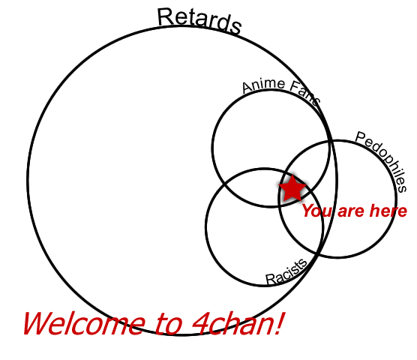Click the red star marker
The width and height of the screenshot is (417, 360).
[x=292, y=188]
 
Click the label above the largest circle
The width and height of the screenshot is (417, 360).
[x=199, y=21]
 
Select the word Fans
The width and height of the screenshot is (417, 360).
[x=304, y=93]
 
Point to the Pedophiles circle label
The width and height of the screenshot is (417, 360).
[x=382, y=160]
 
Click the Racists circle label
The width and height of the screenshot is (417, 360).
[x=286, y=272]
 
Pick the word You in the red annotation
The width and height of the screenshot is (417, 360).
[x=317, y=211]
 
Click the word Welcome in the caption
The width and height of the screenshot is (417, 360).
[x=84, y=324]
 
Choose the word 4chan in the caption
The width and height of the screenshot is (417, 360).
[x=232, y=324]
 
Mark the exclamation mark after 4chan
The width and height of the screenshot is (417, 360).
[x=280, y=323]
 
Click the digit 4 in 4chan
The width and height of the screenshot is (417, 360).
[x=200, y=324]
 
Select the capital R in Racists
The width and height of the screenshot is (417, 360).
[x=271, y=279]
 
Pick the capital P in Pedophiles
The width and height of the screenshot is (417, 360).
[x=361, y=138]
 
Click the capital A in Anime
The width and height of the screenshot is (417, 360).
[x=247, y=88]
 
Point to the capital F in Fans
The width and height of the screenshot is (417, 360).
[x=295, y=86]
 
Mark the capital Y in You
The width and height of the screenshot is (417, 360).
[x=308, y=211]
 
